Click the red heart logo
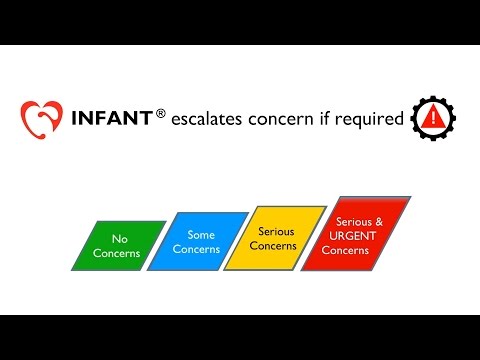(x=41, y=120)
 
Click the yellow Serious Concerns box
(x=273, y=238)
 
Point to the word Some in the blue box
(x=201, y=235)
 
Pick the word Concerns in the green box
(x=118, y=253)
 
